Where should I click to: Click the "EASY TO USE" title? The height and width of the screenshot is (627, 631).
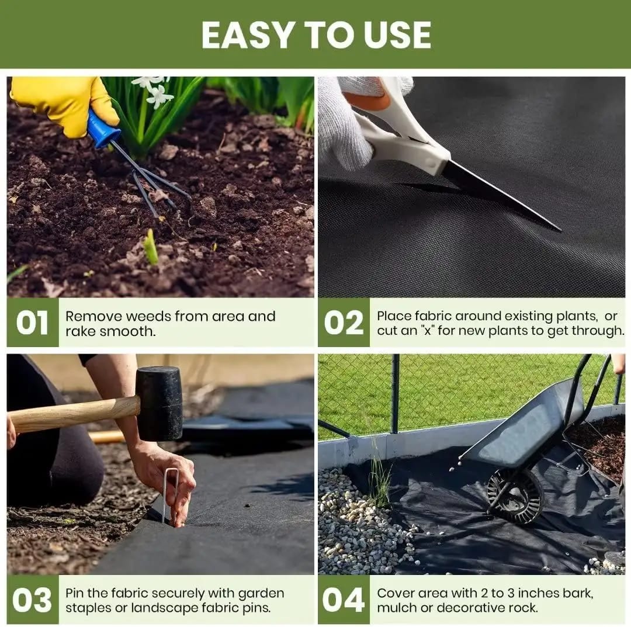pyautogui.click(x=316, y=36)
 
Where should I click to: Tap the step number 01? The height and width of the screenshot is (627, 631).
pyautogui.click(x=33, y=323)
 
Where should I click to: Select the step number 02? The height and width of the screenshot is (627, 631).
pyautogui.click(x=344, y=323)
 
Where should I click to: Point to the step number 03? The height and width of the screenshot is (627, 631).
pyautogui.click(x=33, y=600)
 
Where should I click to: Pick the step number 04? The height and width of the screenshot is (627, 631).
pyautogui.click(x=344, y=600)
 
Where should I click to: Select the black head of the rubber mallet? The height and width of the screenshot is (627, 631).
pyautogui.click(x=160, y=403)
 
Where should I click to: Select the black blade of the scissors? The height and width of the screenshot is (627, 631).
pyautogui.click(x=497, y=196)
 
